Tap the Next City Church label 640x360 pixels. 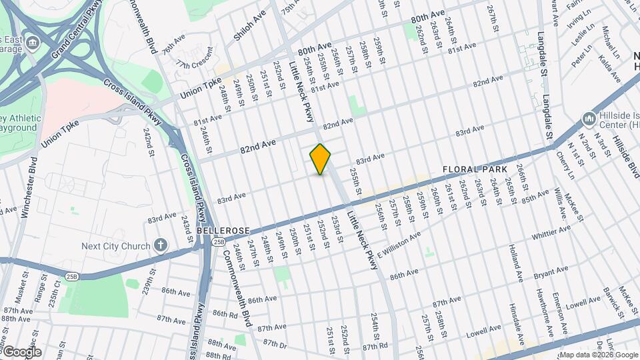click(116, 246)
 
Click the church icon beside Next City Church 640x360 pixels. click(161, 245)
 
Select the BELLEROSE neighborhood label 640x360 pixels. click(223, 230)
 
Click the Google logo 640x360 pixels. click(22, 351)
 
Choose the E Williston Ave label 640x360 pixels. click(399, 245)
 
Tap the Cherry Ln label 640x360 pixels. click(565, 165)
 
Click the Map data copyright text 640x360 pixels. click(598, 355)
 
